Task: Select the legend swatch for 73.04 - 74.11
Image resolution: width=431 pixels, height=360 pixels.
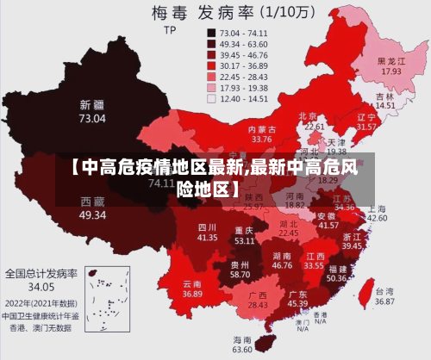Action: [210, 31]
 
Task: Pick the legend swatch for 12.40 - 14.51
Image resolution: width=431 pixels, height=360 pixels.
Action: [210, 98]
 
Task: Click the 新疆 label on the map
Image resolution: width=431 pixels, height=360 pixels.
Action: [92, 105]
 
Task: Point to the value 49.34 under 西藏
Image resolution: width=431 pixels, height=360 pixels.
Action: [92, 214]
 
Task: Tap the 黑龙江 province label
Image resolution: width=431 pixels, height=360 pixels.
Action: [391, 61]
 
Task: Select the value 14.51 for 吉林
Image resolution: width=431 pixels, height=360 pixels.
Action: [385, 105]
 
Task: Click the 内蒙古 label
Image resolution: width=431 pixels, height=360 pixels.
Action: [261, 128]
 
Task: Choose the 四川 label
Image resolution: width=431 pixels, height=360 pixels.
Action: [207, 226]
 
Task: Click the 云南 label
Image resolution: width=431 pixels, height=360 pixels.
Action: [192, 283]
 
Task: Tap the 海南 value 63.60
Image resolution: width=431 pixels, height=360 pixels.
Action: [242, 349]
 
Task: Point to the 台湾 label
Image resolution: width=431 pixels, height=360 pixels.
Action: [384, 291]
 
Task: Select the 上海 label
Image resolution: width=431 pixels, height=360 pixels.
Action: [377, 208]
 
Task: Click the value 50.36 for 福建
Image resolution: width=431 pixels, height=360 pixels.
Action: [337, 278]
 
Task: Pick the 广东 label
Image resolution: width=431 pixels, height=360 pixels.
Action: [297, 293]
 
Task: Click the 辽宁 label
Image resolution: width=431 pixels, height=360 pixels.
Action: [366, 116]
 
